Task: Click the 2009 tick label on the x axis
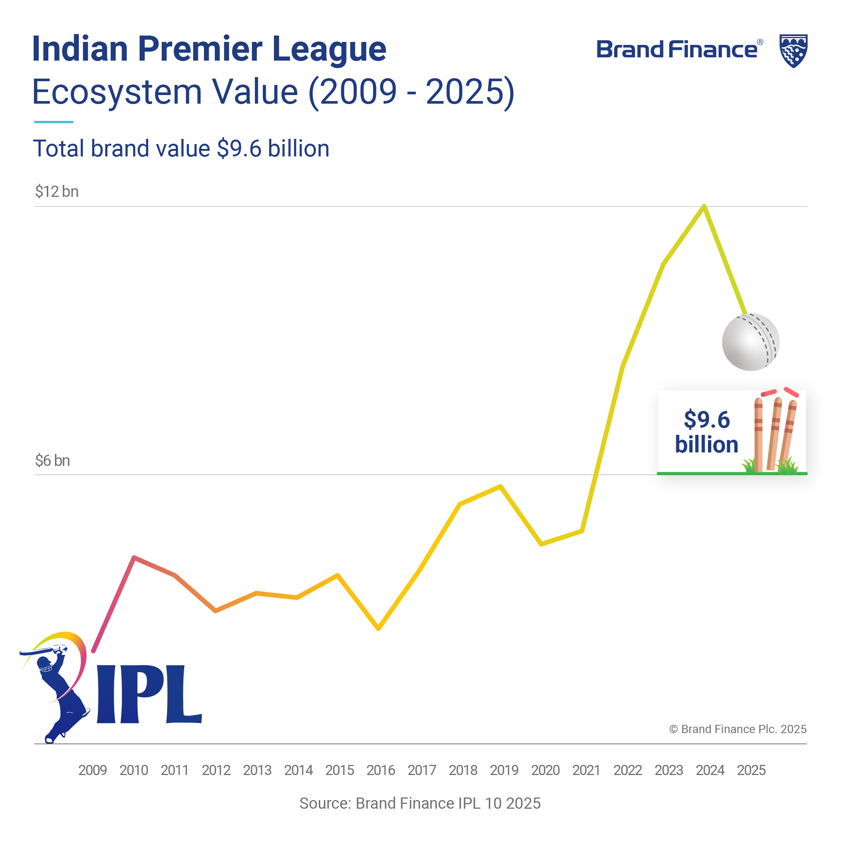pyautogui.click(x=92, y=770)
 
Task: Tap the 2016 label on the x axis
pyautogui.click(x=381, y=770)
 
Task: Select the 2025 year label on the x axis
pyautogui.click(x=751, y=770)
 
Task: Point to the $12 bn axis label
pyautogui.click(x=57, y=192)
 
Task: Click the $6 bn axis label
pyautogui.click(x=52, y=461)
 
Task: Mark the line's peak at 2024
pyautogui.click(x=704, y=206)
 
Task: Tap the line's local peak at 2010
pyautogui.click(x=134, y=558)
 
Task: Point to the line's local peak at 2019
pyautogui.click(x=501, y=486)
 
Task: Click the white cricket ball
pyautogui.click(x=750, y=342)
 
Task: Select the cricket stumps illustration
pyautogui.click(x=775, y=431)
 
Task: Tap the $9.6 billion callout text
pyautogui.click(x=707, y=432)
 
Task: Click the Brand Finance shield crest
pyautogui.click(x=793, y=51)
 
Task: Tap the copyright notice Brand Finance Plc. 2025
pyautogui.click(x=737, y=729)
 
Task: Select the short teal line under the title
pyautogui.click(x=54, y=122)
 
